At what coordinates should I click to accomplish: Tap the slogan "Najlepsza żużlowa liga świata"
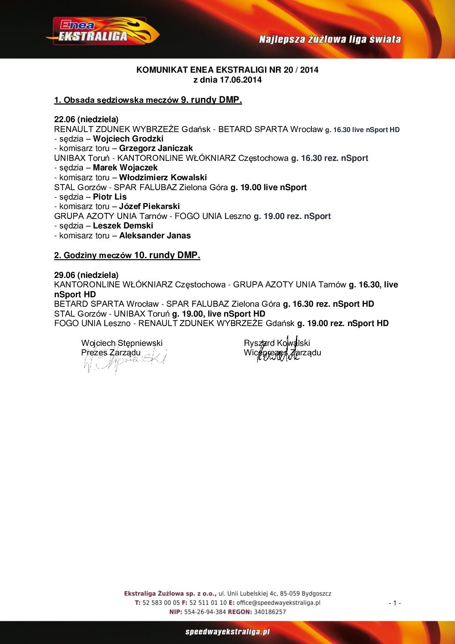pos(330,40)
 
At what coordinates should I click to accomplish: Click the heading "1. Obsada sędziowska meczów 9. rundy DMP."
pos(148,100)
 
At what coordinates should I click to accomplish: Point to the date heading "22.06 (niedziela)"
pos(86,120)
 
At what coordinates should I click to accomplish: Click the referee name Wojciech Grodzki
pos(128,139)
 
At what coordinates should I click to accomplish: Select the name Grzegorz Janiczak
pos(156,148)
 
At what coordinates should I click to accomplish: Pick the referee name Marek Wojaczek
pos(125,168)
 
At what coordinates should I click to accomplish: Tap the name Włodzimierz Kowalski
pos(163,178)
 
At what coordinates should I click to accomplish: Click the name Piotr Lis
pos(110,197)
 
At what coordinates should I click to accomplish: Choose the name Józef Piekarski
pos(149,206)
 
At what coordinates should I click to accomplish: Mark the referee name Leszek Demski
pos(123,226)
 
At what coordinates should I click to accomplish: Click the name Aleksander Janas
pos(155,236)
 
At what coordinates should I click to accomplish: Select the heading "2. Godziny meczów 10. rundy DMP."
pos(127,256)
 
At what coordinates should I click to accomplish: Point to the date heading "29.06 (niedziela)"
pos(86,275)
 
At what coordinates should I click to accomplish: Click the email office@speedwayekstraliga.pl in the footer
pos(278,603)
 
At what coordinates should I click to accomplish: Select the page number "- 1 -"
pos(395,603)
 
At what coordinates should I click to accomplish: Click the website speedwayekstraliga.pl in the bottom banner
pos(227,632)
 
